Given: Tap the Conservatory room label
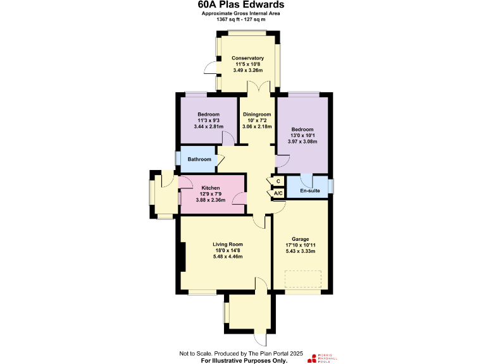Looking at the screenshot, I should (247, 58).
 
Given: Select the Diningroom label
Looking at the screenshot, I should (256, 114).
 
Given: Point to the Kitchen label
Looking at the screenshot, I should (211, 188).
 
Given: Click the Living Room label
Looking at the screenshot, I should (228, 244).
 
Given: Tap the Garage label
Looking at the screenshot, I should (301, 240).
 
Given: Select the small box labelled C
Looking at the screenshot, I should (278, 181).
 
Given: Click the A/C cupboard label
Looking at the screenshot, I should (278, 194).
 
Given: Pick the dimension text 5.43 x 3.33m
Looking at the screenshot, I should (301, 252).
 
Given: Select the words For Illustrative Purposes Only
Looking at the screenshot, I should (244, 360).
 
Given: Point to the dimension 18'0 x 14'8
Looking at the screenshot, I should (228, 250).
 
